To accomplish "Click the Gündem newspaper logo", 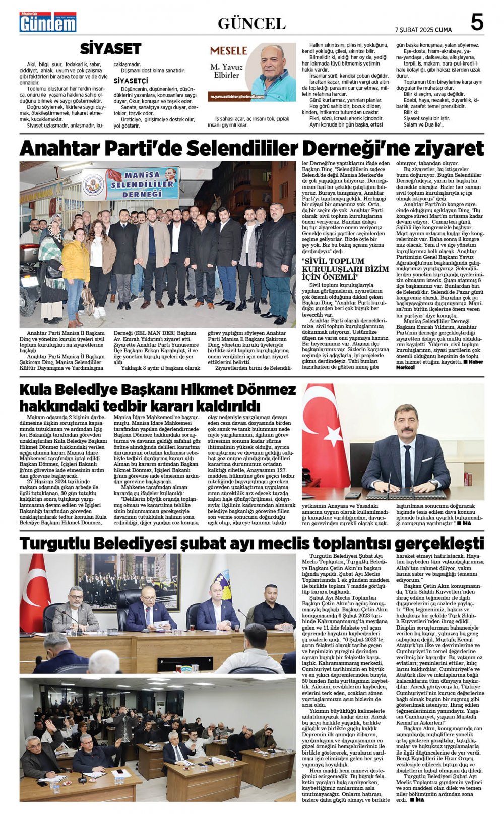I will tap(48, 22).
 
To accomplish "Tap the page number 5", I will tap(476, 23).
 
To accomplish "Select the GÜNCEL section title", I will tap(251, 23).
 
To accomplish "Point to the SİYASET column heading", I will tap(110, 49).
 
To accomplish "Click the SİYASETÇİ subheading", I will tap(131, 81).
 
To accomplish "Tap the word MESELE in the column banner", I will tap(228, 50).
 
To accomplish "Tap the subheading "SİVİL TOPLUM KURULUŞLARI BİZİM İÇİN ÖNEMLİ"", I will tap(345, 269).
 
